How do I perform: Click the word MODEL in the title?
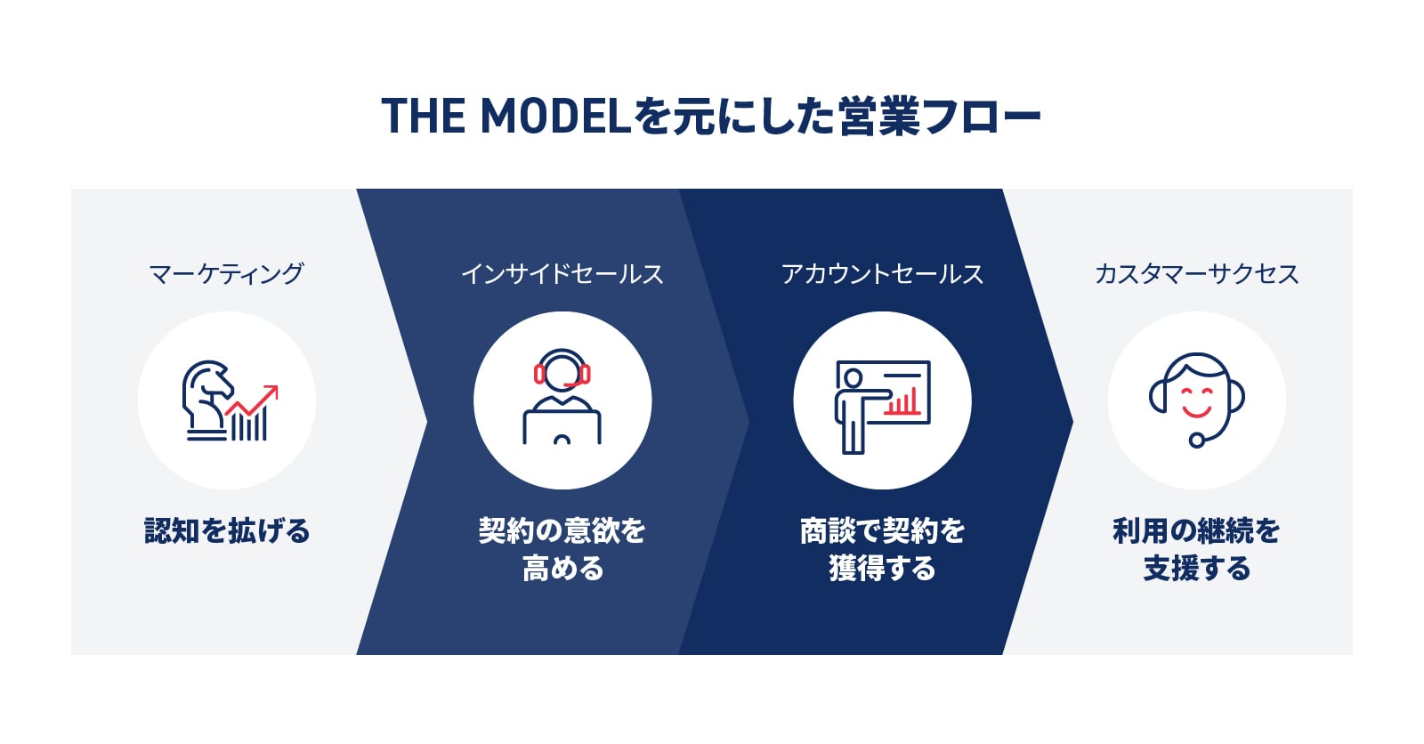[555, 116]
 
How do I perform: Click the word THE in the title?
[424, 116]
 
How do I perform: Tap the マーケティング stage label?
[226, 274]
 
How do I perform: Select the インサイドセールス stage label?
[562, 274]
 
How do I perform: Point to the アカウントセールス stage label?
[882, 274]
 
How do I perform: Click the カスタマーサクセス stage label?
[1196, 274]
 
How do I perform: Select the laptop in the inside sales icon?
[562, 427]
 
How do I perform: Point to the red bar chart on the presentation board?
[902, 402]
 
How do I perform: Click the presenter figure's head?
[854, 378]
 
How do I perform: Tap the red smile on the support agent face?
[1196, 410]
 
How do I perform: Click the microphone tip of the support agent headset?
[1196, 440]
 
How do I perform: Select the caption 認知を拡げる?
[227, 530]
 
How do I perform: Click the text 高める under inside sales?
[562, 568]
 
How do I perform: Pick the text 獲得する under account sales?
[882, 568]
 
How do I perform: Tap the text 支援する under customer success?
[1196, 568]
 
